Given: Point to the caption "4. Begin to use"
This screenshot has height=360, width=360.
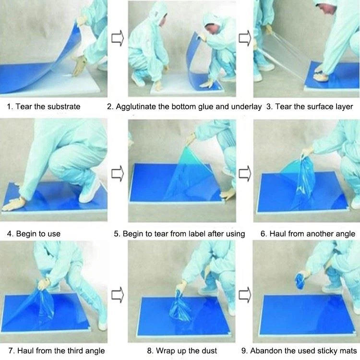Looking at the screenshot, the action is pos(34,234).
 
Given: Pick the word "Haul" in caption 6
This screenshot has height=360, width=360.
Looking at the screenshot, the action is pos(277,234).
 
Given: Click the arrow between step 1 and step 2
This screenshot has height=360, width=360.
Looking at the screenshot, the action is pos(118,38).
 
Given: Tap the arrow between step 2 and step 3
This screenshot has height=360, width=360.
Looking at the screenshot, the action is pos(245,38).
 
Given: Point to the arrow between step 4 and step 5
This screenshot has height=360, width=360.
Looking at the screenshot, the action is pos(118,174).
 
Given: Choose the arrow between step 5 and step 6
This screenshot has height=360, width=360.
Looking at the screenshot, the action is pos(245,174).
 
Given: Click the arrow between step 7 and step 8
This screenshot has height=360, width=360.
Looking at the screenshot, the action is pos(118,295).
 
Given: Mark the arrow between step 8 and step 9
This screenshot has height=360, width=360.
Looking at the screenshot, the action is pos(245,295).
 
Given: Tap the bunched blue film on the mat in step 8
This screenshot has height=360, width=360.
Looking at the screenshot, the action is pos(180,307).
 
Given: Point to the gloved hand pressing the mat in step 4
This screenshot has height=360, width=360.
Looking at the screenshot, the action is pos(14,204).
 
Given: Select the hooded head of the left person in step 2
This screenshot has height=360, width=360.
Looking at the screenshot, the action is pos(158,15).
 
